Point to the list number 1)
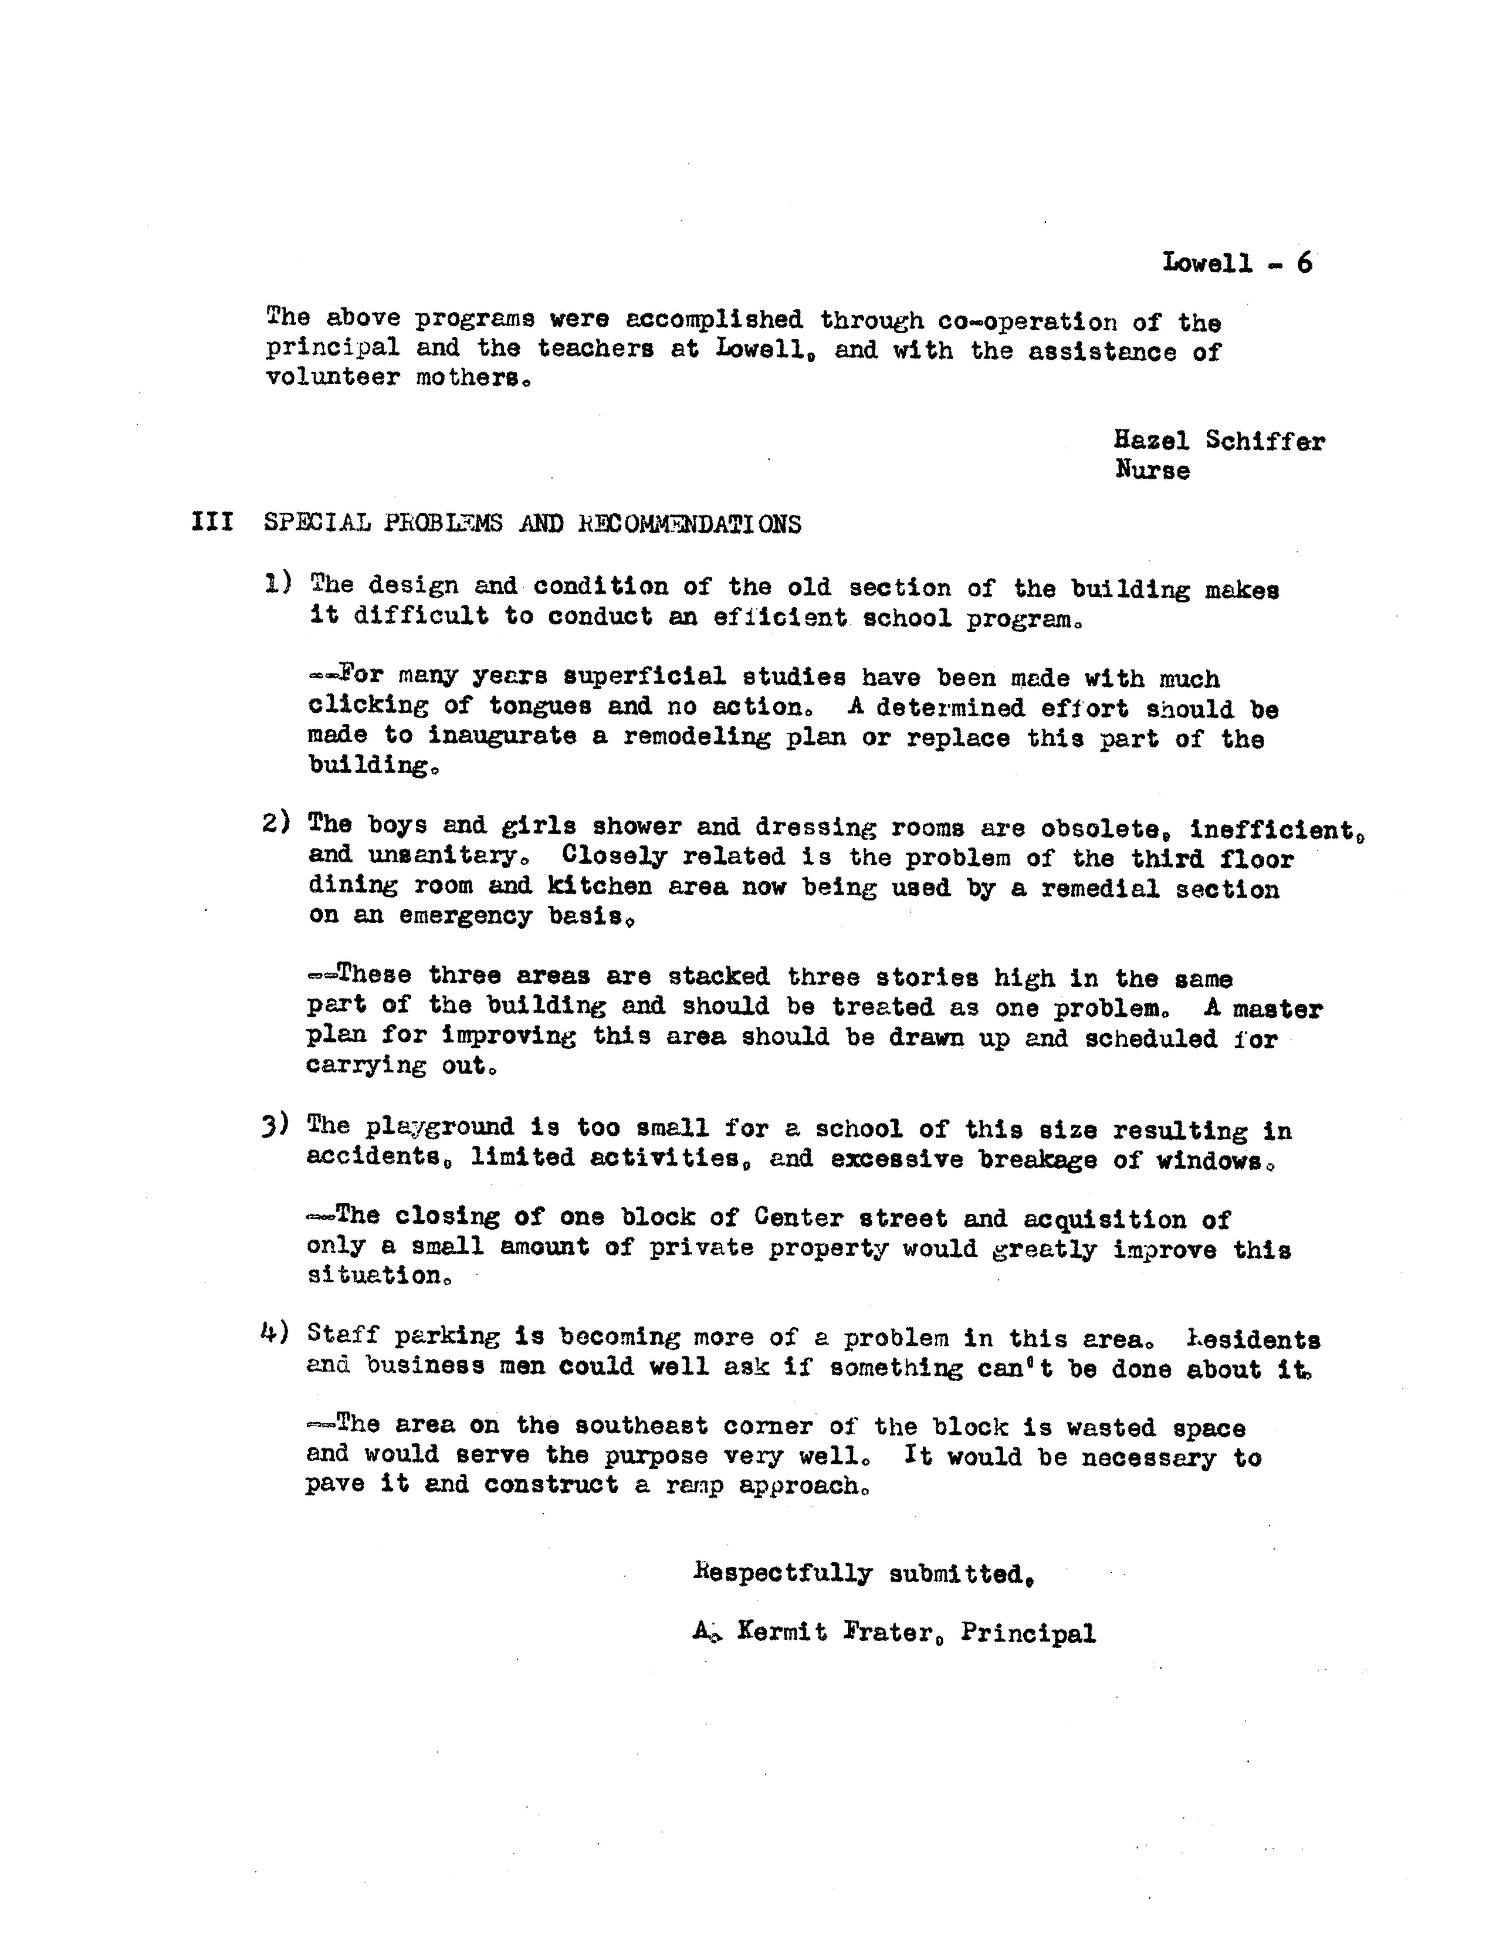coord(278,583)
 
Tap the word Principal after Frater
coord(1028,1633)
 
